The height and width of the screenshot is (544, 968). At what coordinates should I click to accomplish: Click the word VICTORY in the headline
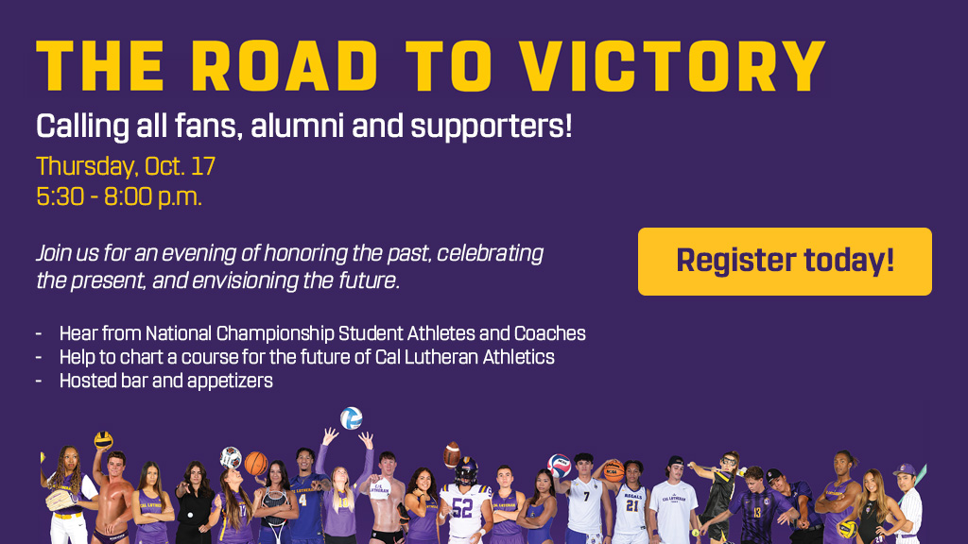pos(672,66)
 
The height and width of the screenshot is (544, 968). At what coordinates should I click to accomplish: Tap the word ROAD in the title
pos(285,66)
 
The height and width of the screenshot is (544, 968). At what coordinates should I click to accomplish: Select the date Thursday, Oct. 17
pos(126,166)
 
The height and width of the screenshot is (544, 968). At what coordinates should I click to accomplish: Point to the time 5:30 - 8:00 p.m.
pos(119,196)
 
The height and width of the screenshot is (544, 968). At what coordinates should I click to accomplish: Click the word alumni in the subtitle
pos(297,126)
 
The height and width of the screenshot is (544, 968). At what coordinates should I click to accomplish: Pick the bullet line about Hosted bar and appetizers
pos(166,381)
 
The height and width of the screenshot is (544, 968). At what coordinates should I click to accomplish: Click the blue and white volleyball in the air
pos(352,418)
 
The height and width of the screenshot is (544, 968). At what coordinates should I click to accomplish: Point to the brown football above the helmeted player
pos(452,454)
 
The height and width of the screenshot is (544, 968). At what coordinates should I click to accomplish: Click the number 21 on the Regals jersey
pos(631,506)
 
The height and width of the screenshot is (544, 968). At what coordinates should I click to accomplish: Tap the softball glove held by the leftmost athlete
pos(60,500)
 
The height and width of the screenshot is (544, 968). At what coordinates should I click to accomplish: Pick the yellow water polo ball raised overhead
pos(103,440)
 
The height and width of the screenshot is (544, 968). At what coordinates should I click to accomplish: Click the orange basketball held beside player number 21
pos(613,470)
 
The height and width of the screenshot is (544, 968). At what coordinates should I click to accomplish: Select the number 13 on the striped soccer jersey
pos(757,513)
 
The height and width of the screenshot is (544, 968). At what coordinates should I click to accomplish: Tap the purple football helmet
pos(466,470)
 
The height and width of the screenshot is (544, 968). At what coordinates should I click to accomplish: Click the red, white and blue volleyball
pos(560,466)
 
